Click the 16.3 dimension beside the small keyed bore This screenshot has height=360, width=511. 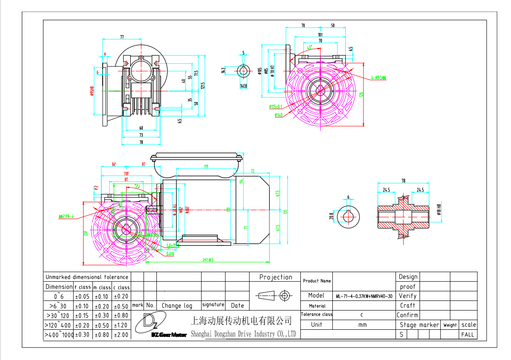coord(224,70)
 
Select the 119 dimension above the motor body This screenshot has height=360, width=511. coord(206,167)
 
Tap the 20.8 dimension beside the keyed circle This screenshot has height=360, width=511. coord(331,216)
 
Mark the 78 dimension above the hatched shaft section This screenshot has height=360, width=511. coord(403,181)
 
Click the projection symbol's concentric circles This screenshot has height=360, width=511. coord(284,295)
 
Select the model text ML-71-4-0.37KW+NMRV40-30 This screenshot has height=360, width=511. coord(364,296)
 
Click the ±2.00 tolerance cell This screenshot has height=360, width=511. coord(121,335)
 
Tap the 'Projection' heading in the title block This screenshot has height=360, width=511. coord(275,277)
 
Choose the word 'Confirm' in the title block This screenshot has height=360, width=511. coord(407,315)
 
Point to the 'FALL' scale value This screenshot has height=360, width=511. coord(467,334)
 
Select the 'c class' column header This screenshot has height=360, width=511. coord(121,288)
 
